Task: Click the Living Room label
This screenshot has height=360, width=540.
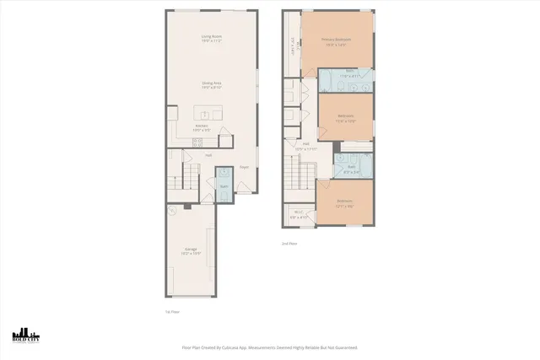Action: click(x=211, y=37)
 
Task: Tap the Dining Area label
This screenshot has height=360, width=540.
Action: click(x=211, y=83)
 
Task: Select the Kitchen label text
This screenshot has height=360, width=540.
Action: click(x=202, y=127)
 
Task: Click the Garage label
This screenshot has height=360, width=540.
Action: click(x=192, y=250)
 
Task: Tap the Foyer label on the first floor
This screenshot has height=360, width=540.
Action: click(x=244, y=167)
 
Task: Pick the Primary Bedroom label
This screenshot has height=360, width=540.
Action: click(x=336, y=40)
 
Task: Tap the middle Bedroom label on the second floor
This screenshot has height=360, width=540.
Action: click(x=345, y=117)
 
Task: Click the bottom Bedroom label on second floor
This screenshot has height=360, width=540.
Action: click(x=344, y=201)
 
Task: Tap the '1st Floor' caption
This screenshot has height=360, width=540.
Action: click(x=172, y=311)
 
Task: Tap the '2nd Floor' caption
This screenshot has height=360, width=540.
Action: click(x=289, y=243)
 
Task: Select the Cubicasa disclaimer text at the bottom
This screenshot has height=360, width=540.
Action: click(x=269, y=347)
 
